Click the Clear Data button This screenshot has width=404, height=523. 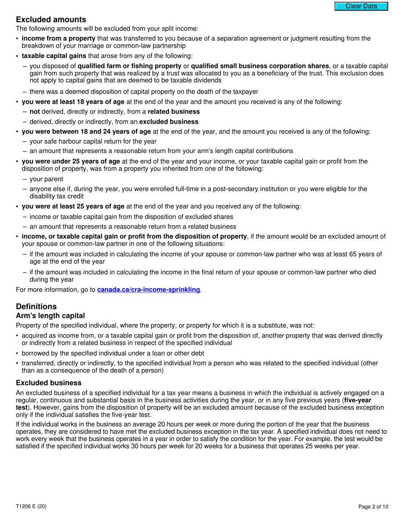361,6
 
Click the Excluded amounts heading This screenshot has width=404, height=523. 51,20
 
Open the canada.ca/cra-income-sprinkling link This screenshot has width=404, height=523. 148,290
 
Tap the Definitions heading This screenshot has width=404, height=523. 36,307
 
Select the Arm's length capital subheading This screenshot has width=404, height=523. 50,316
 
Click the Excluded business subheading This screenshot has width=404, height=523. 48,383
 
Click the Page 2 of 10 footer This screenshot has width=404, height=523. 373,506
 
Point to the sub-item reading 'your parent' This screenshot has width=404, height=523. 46,179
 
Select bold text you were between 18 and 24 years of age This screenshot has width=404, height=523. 86,131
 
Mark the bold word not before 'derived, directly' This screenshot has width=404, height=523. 34,111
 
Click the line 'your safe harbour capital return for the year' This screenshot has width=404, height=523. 93,141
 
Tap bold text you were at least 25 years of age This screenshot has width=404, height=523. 73,206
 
